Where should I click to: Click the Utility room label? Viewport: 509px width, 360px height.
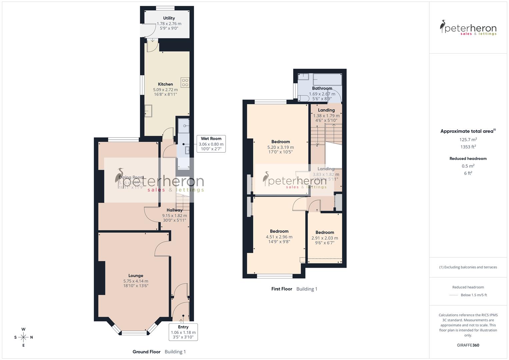click(169, 18)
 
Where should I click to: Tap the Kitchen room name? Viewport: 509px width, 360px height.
click(165, 84)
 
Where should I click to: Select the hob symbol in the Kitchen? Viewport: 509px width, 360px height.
click(185, 82)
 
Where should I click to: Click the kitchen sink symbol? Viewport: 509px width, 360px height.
click(148, 111)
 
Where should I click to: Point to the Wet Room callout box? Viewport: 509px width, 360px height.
click(211, 144)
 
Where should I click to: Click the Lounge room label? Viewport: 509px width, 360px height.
click(136, 276)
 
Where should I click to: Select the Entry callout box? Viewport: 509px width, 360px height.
click(183, 332)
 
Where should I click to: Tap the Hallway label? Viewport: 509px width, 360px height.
click(174, 210)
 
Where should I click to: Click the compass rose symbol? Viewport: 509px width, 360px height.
click(23, 337)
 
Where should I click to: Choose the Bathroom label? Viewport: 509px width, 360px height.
click(322, 88)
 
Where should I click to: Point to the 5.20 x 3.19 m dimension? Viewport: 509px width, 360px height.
click(280, 147)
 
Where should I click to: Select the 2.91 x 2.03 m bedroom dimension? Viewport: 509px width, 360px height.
click(325, 238)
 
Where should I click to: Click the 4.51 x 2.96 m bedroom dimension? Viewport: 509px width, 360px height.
click(279, 237)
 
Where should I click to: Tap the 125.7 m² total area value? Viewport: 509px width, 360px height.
click(468, 140)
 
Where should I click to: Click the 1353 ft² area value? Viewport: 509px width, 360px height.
click(468, 147)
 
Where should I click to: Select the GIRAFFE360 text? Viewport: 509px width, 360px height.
click(468, 345)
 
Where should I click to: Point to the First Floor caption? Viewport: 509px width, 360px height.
click(282, 289)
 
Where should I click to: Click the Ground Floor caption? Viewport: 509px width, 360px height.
click(146, 352)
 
